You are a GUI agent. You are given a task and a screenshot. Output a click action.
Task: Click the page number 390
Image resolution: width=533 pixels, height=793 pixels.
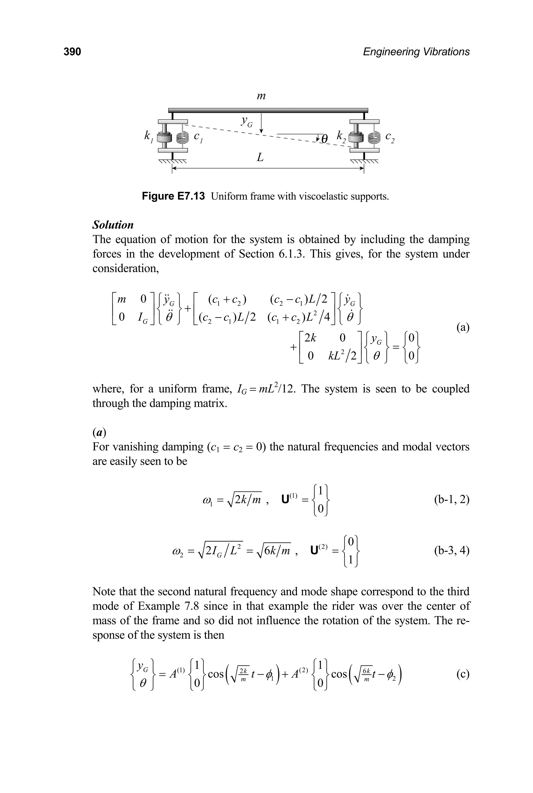72,52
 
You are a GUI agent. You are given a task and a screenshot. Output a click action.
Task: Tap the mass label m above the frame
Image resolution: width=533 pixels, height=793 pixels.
261,96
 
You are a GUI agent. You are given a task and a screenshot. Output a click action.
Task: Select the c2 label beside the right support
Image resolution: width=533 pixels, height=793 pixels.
390,137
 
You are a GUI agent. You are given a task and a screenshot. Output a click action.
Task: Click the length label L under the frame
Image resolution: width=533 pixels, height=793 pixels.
260,158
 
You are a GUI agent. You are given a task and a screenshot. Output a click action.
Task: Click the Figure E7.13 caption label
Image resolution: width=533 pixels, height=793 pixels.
173,196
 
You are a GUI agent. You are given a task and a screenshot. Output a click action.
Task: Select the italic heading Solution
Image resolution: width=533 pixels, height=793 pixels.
113,225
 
